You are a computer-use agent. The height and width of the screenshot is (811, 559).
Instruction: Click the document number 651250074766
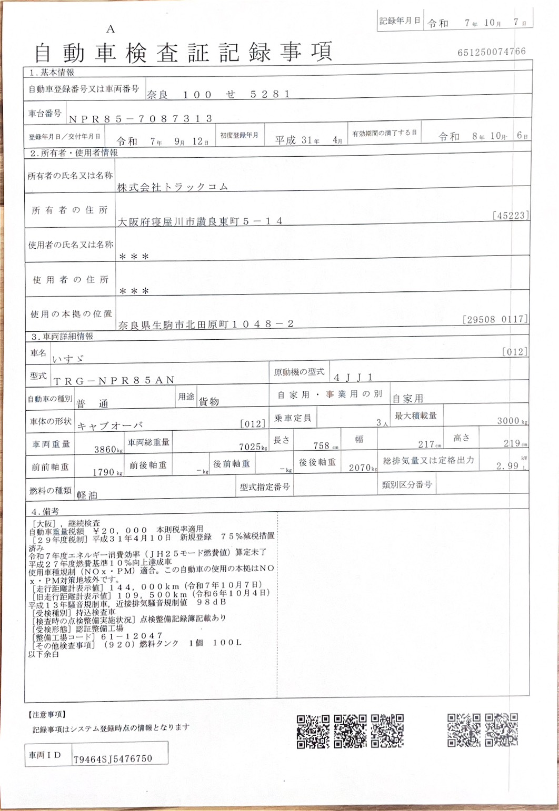pos(492,52)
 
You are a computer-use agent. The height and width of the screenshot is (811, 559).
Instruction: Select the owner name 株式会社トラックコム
pos(173,186)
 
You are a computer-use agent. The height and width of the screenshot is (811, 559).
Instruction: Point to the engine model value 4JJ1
pos(357,378)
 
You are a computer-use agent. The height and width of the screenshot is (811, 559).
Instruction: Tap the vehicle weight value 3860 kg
pos(107,450)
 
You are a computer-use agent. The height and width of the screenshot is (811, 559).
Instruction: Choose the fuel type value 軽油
pos(86,495)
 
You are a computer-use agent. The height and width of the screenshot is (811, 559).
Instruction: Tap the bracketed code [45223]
pos(510,215)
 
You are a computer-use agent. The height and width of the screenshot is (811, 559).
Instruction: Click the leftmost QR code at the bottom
pos(313,731)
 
